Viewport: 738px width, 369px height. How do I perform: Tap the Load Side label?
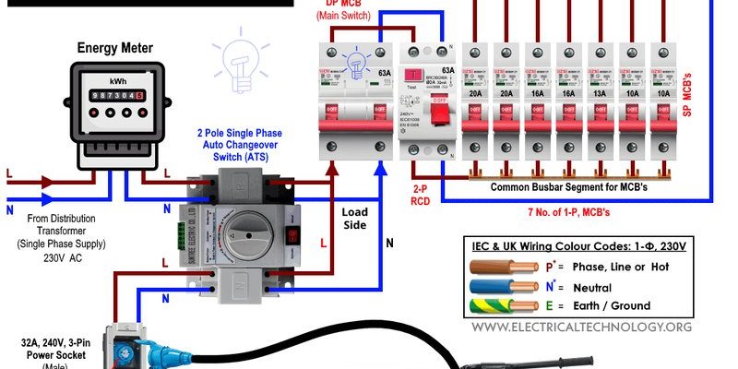pyautogui.click(x=354, y=218)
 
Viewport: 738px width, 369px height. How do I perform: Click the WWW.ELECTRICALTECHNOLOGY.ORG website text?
pyautogui.click(x=583, y=327)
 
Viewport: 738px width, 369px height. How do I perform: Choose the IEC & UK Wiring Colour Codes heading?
pyautogui.click(x=578, y=244)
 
